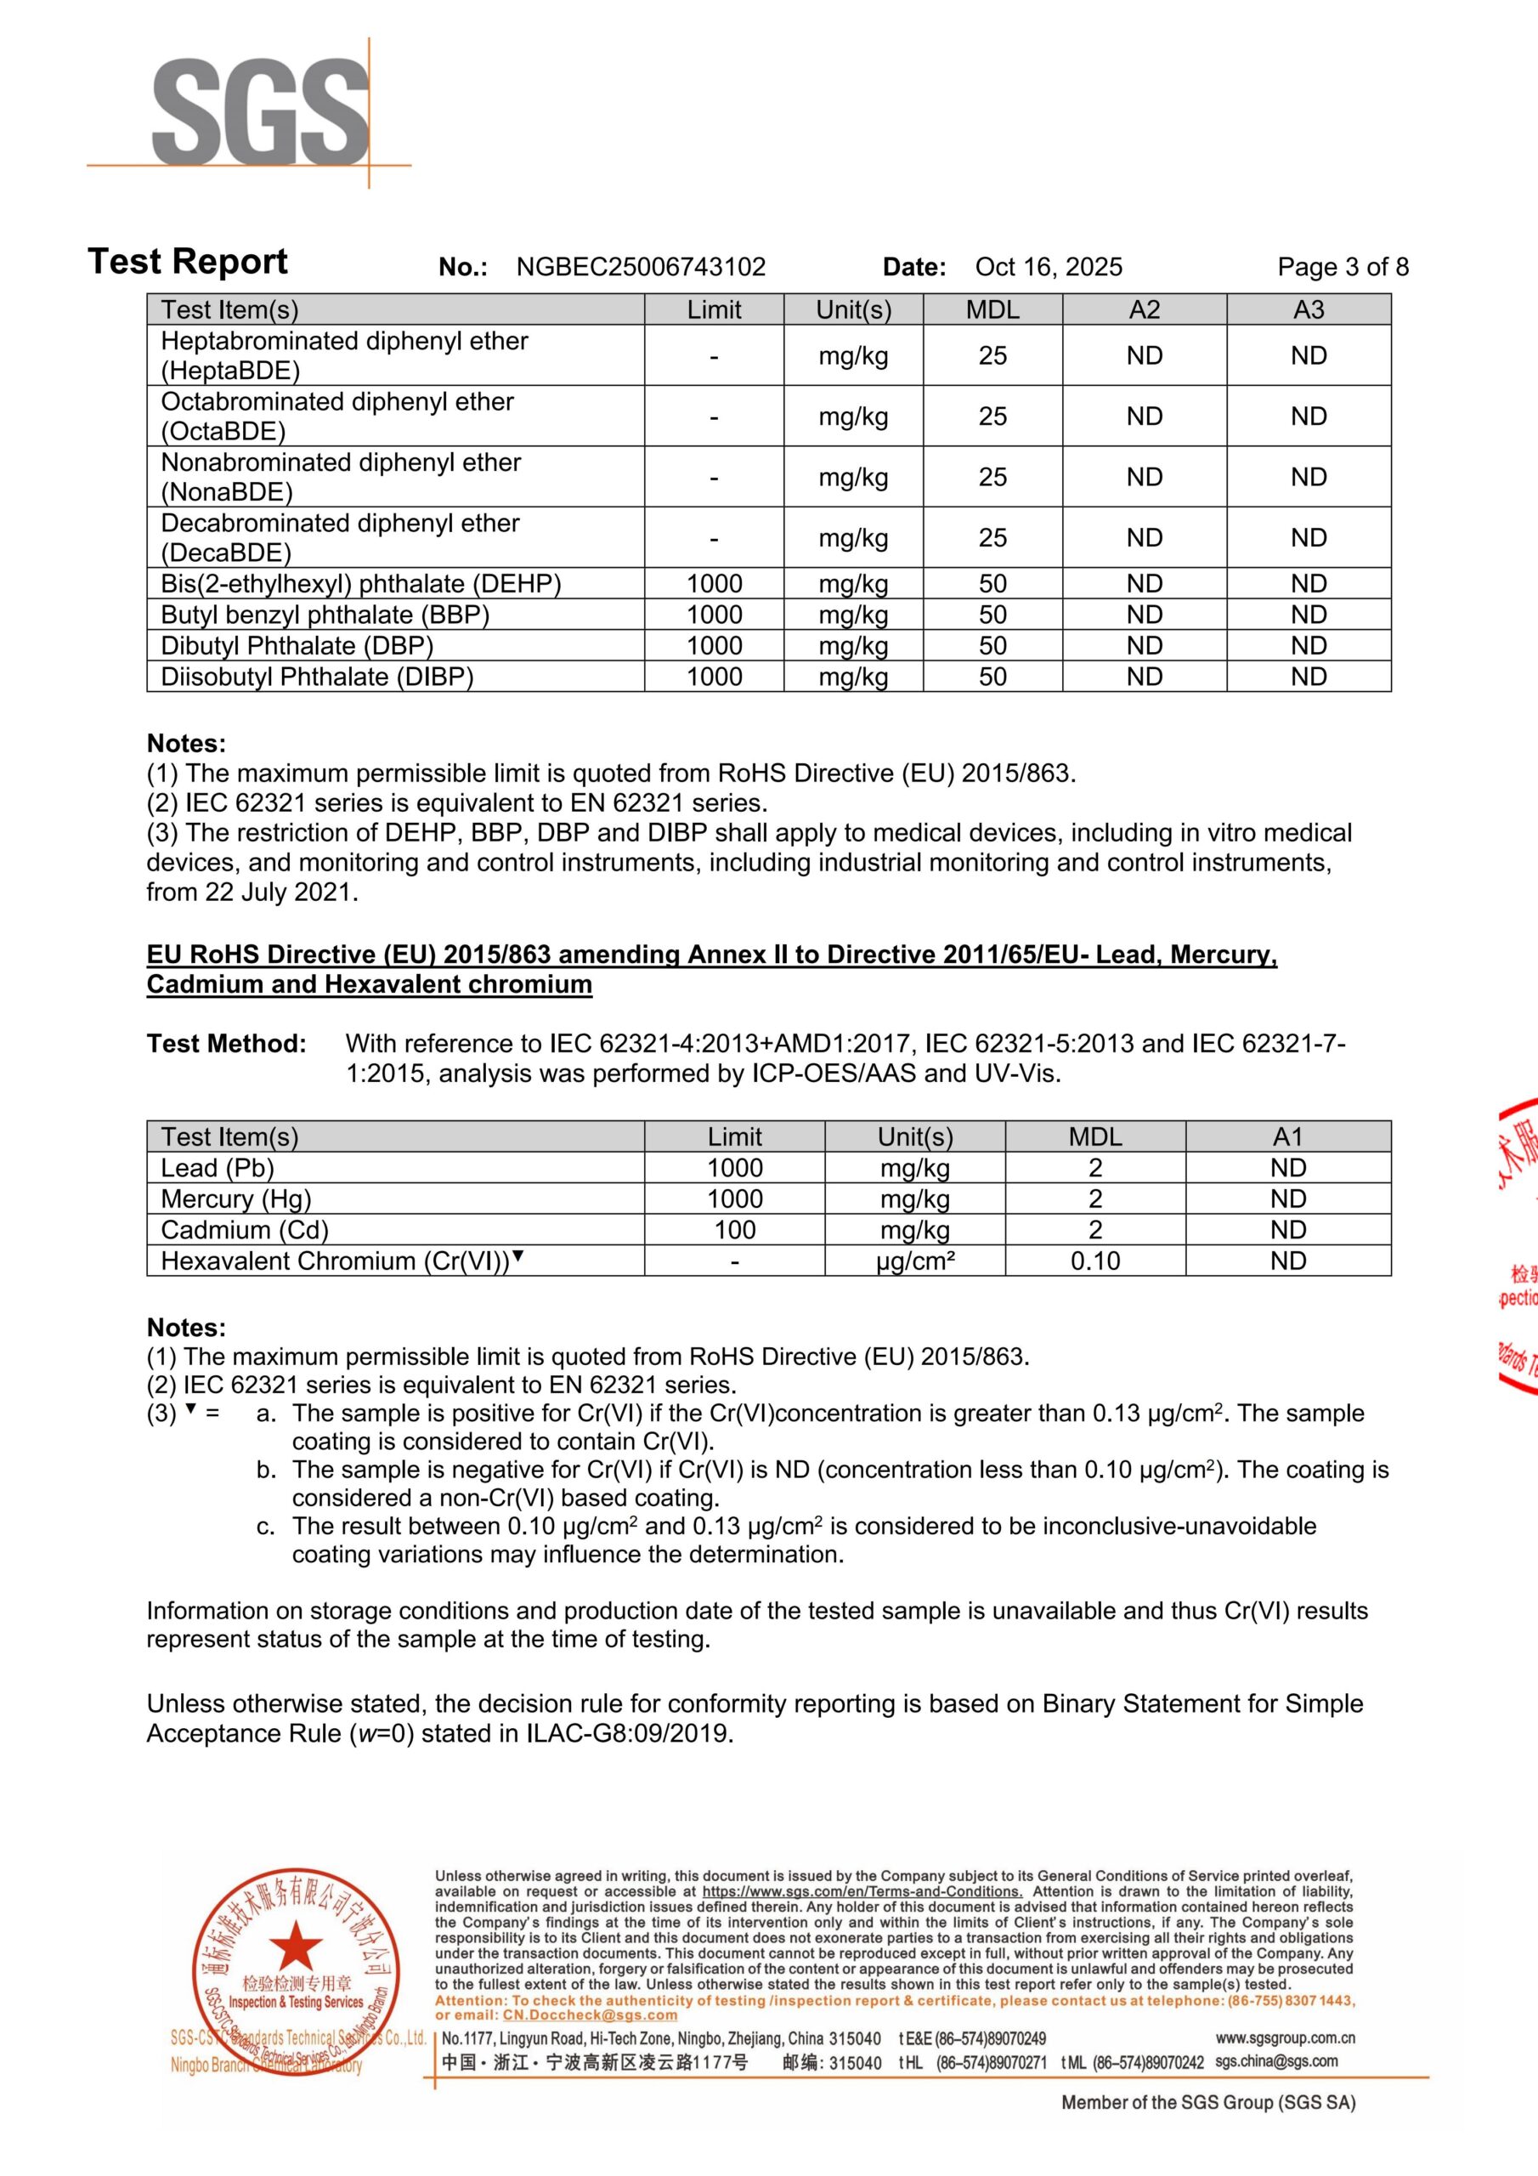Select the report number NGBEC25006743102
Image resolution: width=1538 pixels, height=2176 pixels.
point(641,267)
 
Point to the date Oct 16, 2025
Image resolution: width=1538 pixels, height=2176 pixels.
point(1048,267)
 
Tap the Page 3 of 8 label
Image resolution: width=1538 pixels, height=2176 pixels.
point(1342,267)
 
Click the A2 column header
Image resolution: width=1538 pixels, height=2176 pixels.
point(1144,310)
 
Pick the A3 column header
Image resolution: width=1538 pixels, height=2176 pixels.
point(1308,310)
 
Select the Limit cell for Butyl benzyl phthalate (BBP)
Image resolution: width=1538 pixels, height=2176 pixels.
point(714,615)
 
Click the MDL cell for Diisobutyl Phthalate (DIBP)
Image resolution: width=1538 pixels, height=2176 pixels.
point(992,677)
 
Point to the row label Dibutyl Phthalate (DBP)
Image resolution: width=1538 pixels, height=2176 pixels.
point(297,646)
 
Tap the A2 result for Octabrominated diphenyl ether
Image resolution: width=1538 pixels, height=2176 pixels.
point(1144,416)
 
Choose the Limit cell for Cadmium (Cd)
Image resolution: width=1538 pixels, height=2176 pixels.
point(734,1230)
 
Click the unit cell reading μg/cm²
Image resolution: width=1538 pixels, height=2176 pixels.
point(914,1261)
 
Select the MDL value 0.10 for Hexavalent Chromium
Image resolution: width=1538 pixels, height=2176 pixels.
point(1094,1261)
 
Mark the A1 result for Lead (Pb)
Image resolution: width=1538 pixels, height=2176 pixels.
point(1288,1169)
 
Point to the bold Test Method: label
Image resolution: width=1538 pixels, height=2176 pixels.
point(227,1045)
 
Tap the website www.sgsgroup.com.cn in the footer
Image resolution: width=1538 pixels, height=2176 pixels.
point(1284,2037)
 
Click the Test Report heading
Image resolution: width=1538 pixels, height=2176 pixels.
point(188,262)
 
